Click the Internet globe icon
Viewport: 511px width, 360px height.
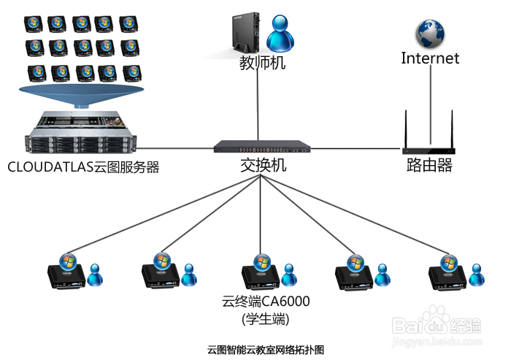pyautogui.click(x=430, y=34)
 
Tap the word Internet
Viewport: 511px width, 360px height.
pyautogui.click(x=430, y=58)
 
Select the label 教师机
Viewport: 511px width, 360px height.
pyautogui.click(x=262, y=63)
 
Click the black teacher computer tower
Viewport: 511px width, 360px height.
pyautogui.click(x=246, y=33)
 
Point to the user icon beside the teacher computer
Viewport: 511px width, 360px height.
pyautogui.click(x=280, y=34)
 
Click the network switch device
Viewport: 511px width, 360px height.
pyautogui.click(x=262, y=147)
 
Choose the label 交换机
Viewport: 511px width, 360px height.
pyautogui.click(x=264, y=165)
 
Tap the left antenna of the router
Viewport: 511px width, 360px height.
pyautogui.click(x=406, y=129)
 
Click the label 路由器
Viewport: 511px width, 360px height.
pyautogui.click(x=429, y=165)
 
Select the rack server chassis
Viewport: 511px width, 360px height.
pyautogui.click(x=80, y=132)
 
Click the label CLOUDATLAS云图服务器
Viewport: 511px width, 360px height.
pyautogui.click(x=83, y=167)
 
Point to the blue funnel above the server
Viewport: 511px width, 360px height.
pyautogui.click(x=82, y=96)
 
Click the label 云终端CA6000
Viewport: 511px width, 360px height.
pyautogui.click(x=266, y=302)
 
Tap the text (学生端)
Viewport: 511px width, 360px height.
pyautogui.click(x=266, y=319)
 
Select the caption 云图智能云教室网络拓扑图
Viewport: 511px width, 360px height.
pyautogui.click(x=266, y=350)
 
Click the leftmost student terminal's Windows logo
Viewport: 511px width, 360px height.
pyautogui.click(x=68, y=261)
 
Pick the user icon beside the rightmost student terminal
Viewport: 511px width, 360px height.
pyautogui.click(x=477, y=275)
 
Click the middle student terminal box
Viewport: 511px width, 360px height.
pyautogui.click(x=261, y=277)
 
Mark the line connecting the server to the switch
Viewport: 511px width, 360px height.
pyautogui.click(x=174, y=148)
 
